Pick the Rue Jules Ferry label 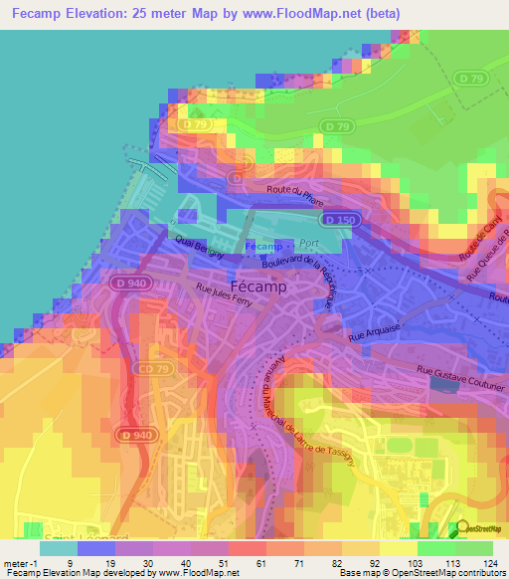[x=232, y=297]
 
